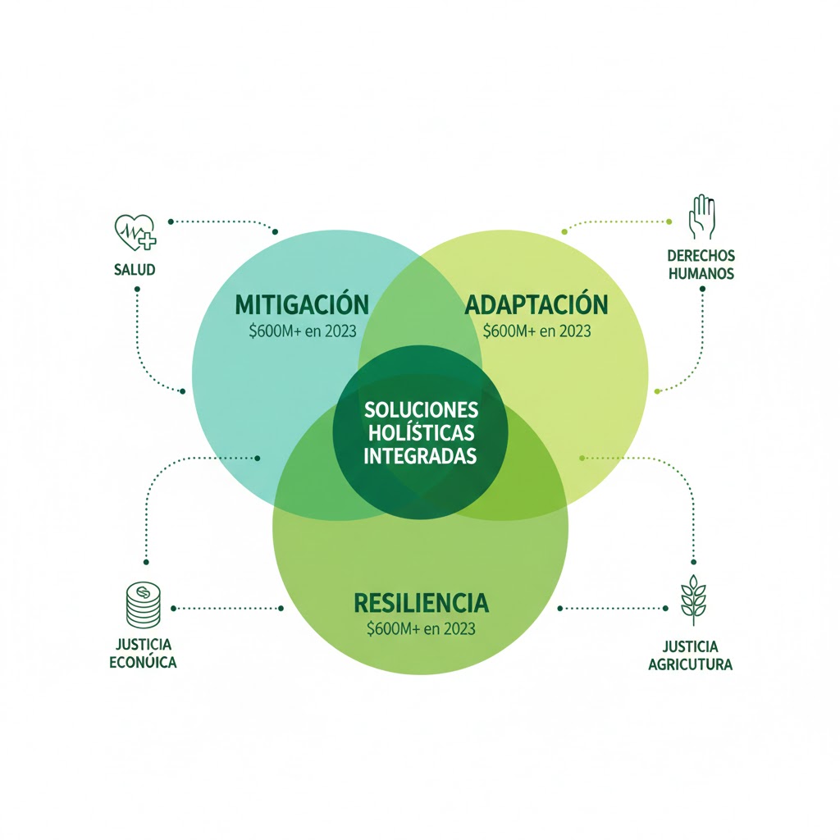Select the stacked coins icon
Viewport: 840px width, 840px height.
[x=142, y=605]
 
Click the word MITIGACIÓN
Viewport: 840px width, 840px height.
[x=302, y=305]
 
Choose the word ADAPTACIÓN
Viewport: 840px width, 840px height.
[x=536, y=305]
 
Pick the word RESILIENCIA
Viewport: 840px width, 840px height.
[x=421, y=604]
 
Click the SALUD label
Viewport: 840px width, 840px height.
[x=135, y=270]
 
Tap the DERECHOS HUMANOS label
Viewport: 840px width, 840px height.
[x=701, y=264]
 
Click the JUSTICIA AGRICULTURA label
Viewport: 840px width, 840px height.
[x=690, y=655]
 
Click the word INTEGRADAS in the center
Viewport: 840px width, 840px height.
[x=420, y=456]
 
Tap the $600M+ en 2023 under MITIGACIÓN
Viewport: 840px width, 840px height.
[x=302, y=331]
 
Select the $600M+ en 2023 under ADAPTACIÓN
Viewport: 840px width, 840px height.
[x=536, y=331]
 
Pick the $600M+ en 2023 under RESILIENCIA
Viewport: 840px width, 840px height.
[x=421, y=630]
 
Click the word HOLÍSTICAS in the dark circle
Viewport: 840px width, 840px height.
[x=420, y=432]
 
